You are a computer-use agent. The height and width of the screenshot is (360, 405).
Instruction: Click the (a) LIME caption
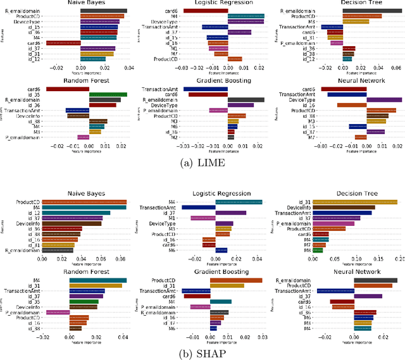tap(202, 164)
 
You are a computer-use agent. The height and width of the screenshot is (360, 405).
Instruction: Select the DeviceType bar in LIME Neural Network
tap(383, 100)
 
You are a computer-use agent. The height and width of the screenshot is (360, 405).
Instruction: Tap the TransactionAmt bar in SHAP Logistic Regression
tap(198, 207)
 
